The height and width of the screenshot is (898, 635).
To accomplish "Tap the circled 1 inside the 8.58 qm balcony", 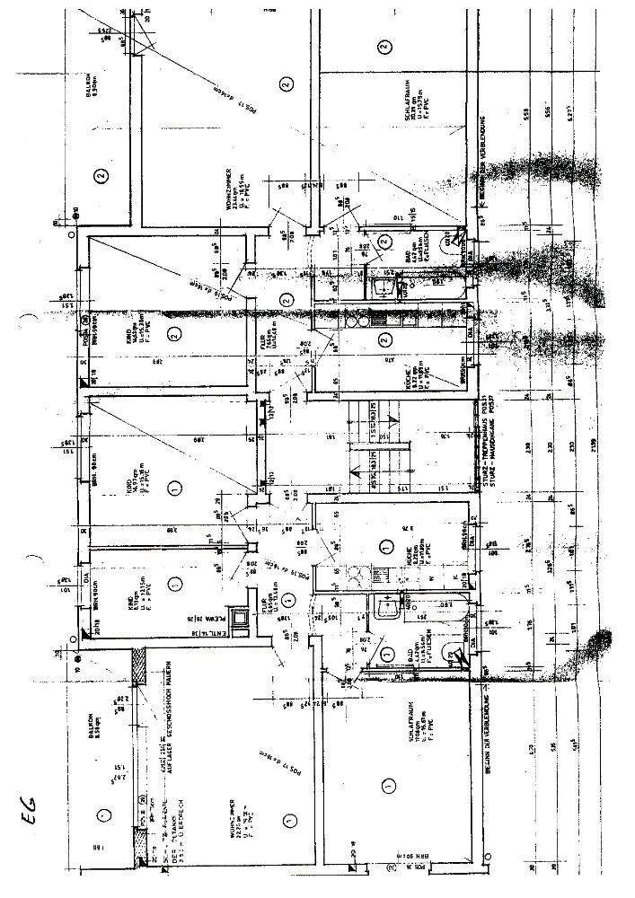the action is (103, 814).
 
